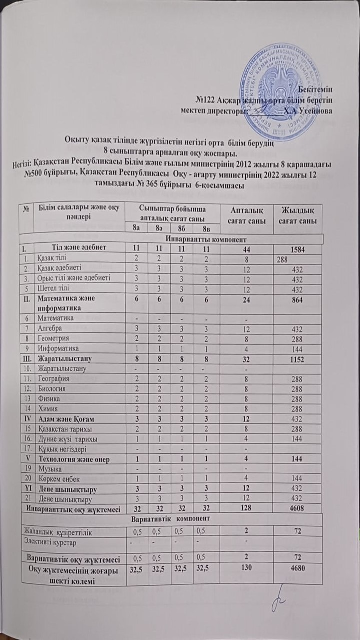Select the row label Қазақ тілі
[53, 258]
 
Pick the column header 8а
[135, 229]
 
